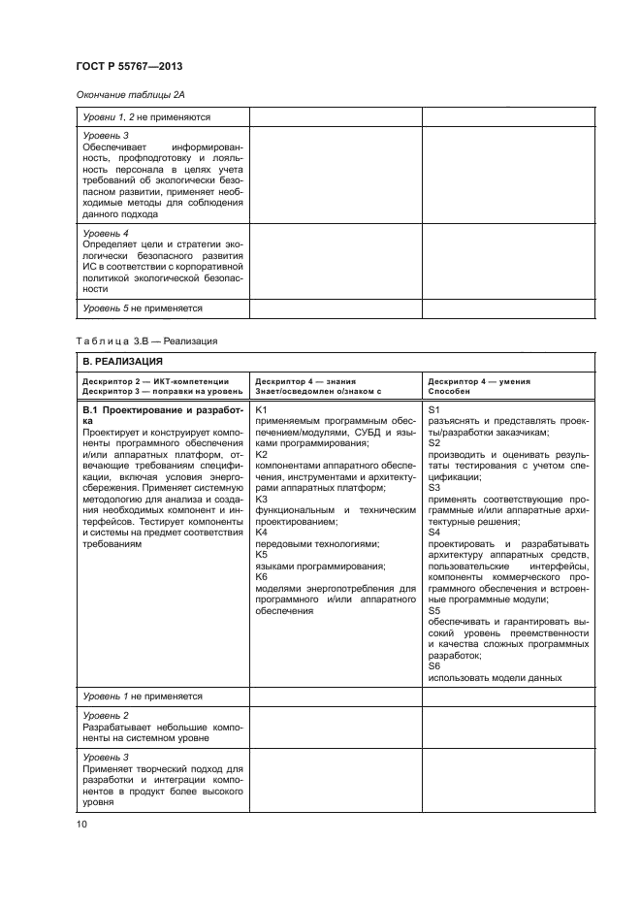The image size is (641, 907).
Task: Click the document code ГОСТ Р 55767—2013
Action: [129, 66]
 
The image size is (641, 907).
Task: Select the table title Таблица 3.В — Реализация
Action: [145, 341]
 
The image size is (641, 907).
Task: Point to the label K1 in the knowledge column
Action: [261, 411]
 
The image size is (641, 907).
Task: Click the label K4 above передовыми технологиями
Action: [261, 533]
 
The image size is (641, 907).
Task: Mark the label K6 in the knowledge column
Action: [261, 577]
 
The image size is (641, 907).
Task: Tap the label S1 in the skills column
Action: [433, 411]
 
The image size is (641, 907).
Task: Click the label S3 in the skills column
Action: [433, 488]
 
